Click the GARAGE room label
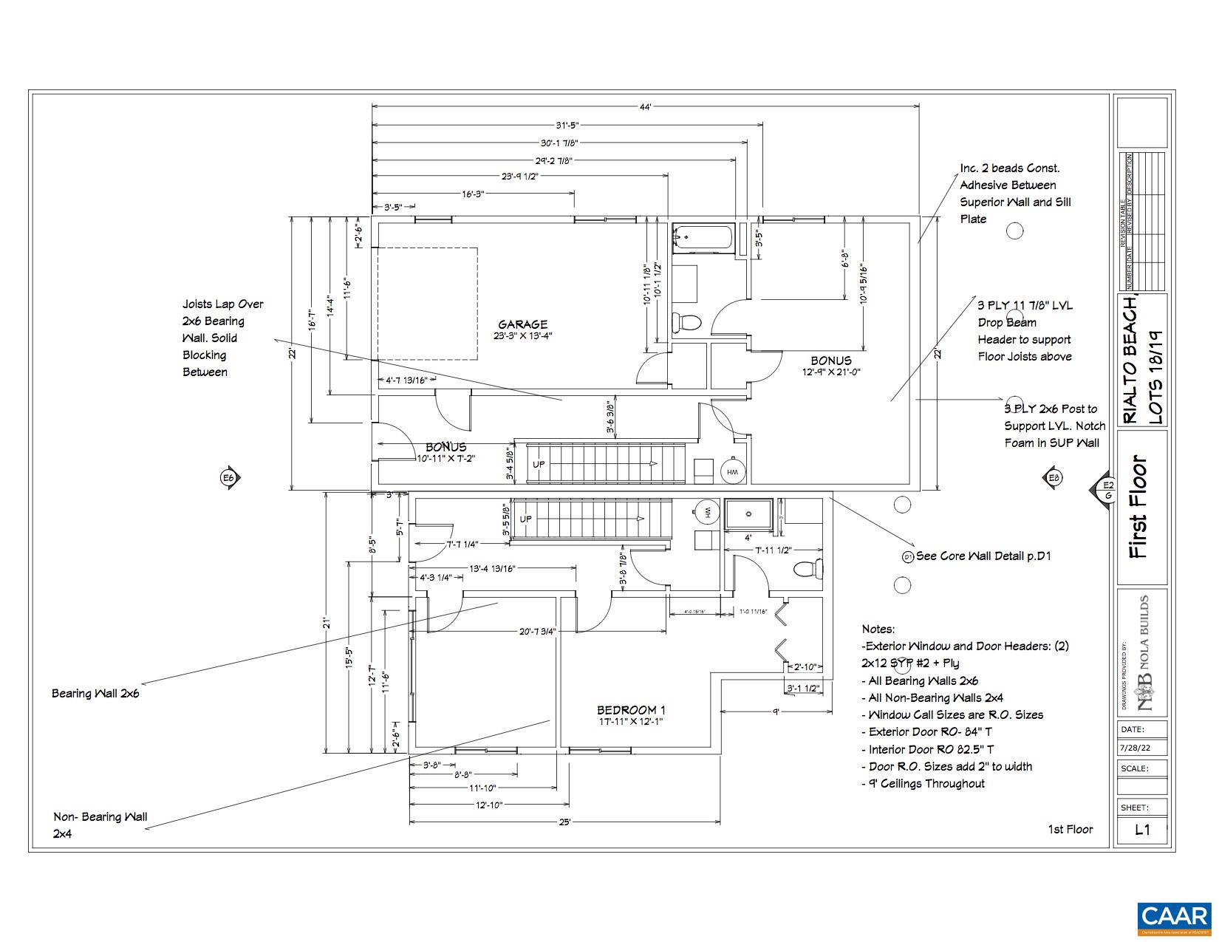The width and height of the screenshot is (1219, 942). tap(522, 324)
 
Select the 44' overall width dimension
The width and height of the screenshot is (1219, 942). tap(645, 107)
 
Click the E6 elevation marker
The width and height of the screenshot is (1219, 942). tap(228, 478)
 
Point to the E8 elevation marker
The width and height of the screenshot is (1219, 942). tap(1054, 478)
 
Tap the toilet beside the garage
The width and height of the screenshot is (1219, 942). tap(687, 322)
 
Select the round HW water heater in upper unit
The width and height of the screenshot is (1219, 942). tap(733, 472)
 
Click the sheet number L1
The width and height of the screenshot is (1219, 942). tap(1142, 829)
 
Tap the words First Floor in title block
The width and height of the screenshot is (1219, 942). tap(1139, 507)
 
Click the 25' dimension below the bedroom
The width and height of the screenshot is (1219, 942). tap(564, 822)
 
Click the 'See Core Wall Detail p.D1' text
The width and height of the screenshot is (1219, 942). tap(983, 556)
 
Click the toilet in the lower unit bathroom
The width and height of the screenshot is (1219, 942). tap(807, 568)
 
